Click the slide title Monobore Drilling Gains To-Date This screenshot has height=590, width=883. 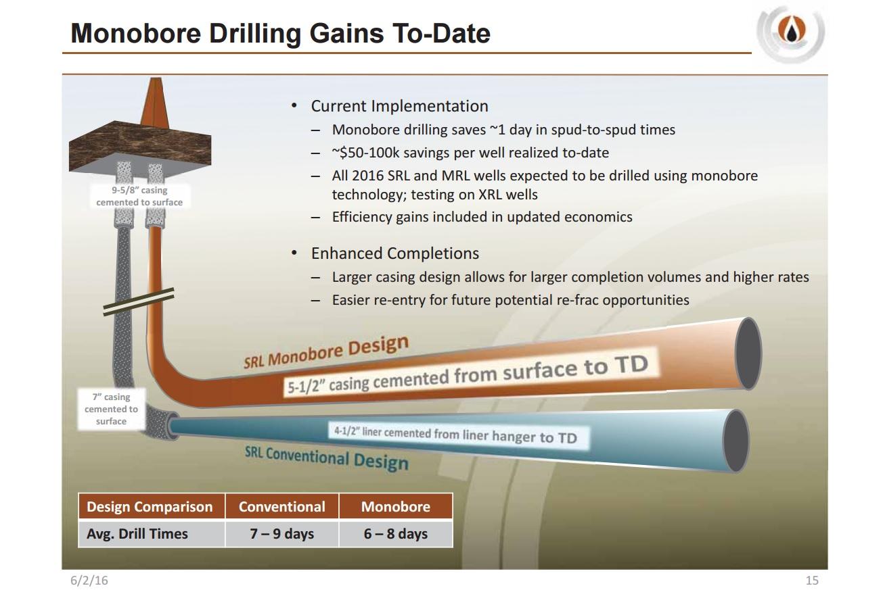280,32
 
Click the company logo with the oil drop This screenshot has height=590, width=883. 790,32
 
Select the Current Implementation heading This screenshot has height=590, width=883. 399,106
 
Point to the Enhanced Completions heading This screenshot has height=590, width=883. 394,253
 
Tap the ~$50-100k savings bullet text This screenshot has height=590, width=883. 470,153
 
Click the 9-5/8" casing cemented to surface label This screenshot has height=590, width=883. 139,196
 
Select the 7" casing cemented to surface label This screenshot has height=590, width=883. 111,409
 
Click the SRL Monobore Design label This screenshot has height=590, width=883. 326,351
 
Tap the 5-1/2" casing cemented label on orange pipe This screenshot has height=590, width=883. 467,375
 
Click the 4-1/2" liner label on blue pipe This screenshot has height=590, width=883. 455,434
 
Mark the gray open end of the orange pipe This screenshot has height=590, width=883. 748,353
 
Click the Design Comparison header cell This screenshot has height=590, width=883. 150,507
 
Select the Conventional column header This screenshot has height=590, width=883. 281,507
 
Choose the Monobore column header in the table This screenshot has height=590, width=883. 395,507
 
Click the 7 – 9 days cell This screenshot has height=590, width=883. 281,534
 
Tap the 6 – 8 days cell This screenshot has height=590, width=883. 395,534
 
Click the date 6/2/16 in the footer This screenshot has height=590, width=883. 89,581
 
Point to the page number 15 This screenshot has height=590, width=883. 812,581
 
